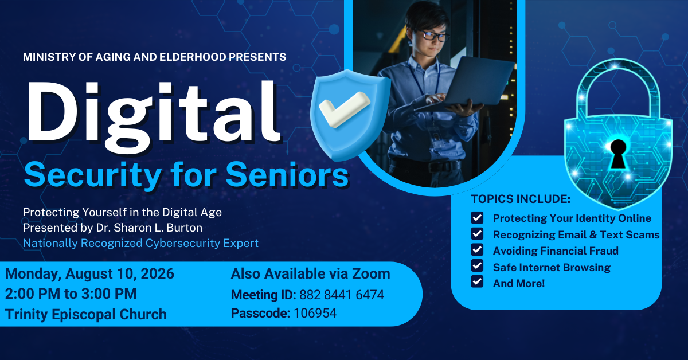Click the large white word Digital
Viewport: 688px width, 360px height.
pos(154,117)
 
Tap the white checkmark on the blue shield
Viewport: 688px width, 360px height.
pos(344,109)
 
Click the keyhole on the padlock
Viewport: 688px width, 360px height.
pos(618,154)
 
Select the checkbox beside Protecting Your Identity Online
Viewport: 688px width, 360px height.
pos(477,218)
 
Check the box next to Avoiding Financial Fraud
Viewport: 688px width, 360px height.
pos(477,250)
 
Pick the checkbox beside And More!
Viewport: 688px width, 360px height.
pos(477,281)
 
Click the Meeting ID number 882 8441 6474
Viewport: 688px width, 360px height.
pos(342,295)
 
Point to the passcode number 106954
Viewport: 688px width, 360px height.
pos(315,314)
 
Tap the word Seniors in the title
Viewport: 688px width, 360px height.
pos(287,175)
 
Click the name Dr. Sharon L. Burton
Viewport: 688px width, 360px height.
pos(149,228)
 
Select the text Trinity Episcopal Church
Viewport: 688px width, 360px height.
pos(85,315)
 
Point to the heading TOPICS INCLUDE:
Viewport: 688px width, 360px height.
pos(521,199)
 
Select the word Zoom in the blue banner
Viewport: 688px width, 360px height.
pos(371,273)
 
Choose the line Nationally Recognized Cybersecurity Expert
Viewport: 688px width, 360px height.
pos(140,243)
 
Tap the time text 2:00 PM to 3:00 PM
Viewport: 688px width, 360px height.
pos(71,294)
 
